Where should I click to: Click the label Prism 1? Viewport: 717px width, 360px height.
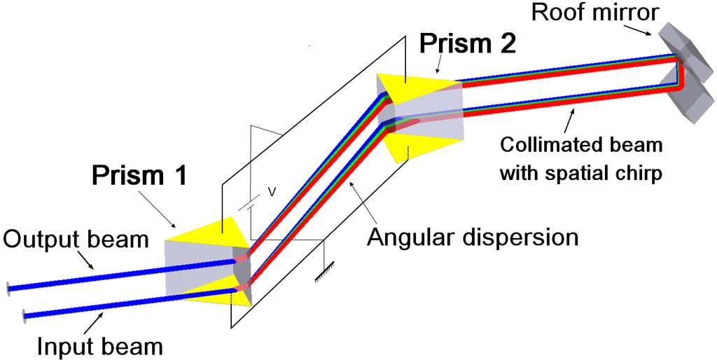pos(139,175)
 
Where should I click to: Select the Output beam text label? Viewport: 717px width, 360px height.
pos(76,240)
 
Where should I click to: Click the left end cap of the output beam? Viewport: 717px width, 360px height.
pos(9,287)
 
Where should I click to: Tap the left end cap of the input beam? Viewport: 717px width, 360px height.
pos(25,315)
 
